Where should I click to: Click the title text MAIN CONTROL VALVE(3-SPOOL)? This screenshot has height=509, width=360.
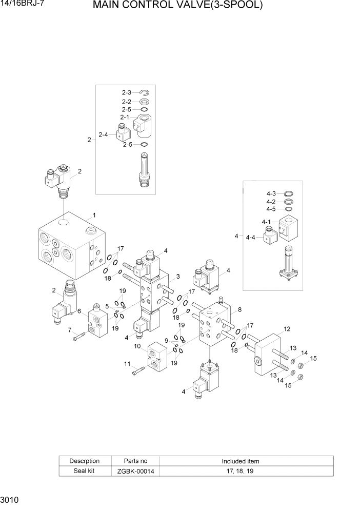[178, 6]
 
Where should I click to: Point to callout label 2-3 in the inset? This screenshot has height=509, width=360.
[127, 93]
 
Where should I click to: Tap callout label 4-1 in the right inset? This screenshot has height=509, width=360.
[266, 222]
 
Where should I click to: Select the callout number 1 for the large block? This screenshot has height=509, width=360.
[94, 215]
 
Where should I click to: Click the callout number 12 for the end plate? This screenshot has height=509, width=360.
[287, 329]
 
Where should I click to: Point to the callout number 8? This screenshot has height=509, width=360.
[239, 309]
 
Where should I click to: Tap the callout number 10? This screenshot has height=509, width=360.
[137, 346]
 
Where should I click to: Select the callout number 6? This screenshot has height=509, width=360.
[79, 311]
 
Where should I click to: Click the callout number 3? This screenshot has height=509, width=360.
[177, 277]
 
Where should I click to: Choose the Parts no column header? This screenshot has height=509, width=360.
[136, 461]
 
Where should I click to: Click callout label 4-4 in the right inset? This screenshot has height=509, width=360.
[251, 238]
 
